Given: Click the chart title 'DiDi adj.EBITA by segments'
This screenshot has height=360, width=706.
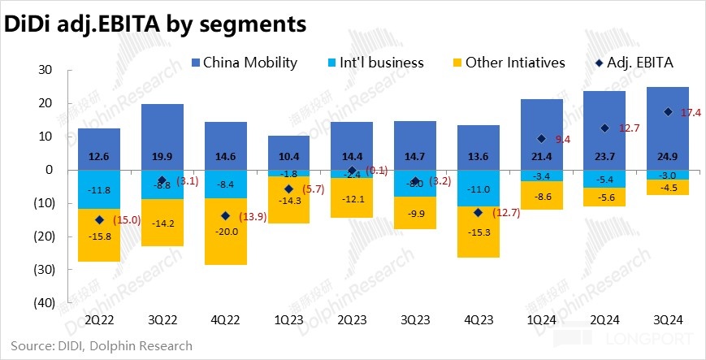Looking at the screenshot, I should (155, 24).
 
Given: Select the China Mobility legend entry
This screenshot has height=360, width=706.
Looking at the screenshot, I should (244, 63).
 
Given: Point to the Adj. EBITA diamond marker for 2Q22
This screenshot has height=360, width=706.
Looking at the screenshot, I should (99, 219).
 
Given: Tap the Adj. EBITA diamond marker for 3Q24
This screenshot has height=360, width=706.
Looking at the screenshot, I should (667, 112).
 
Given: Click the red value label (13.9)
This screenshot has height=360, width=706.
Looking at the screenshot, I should (253, 215).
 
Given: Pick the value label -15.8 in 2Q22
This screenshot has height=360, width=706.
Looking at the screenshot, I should (99, 235).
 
